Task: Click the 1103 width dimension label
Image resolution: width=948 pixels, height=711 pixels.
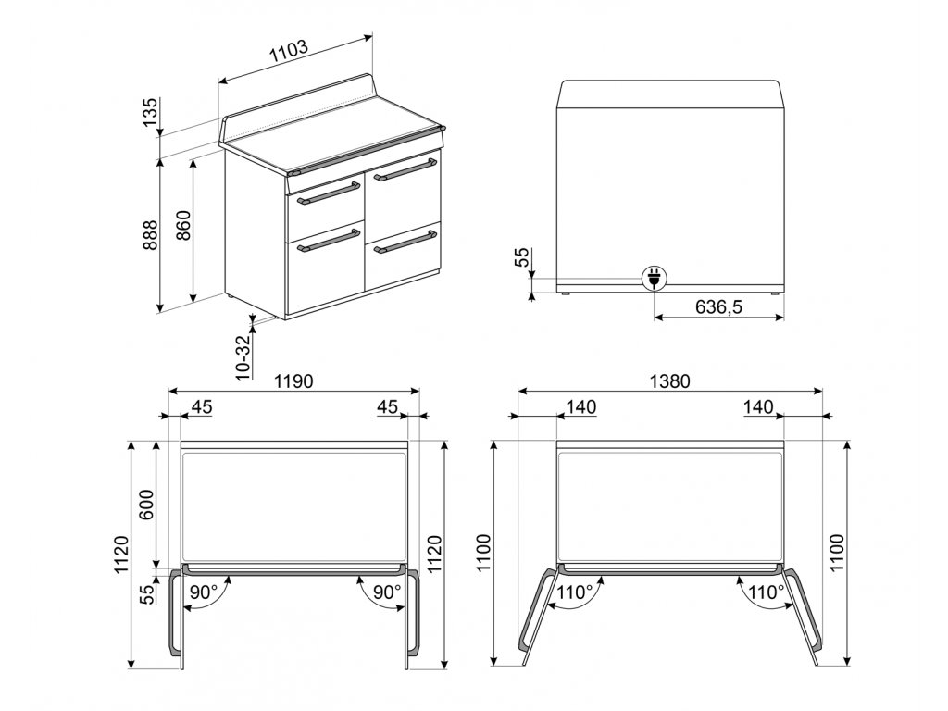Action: coord(290,52)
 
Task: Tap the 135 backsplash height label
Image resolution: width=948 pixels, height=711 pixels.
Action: coord(150,112)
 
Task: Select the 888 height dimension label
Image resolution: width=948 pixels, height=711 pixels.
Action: coord(150,234)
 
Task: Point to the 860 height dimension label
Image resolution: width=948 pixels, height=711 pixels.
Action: coord(183,225)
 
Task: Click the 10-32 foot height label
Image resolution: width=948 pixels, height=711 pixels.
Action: coord(243,357)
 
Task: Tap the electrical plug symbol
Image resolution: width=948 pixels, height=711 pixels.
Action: coord(655,278)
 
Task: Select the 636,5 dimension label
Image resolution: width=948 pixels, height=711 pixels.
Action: coord(718,307)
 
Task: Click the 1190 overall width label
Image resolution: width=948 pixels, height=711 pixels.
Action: coord(293,381)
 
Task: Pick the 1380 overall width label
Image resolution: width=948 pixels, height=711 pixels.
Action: coord(670,381)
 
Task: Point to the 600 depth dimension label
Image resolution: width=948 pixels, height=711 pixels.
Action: coord(147,505)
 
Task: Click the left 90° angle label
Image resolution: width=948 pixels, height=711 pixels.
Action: coord(203,592)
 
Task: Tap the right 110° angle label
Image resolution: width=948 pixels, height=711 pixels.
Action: coord(767,592)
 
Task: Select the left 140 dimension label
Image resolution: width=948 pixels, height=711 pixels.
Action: coord(581,407)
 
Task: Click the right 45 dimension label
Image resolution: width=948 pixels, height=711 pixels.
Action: coord(388,407)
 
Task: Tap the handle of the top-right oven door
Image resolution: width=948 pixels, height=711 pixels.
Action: coord(405,169)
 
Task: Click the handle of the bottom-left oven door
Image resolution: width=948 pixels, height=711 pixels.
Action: coord(329,240)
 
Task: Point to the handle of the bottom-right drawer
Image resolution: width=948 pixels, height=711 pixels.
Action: coord(405,241)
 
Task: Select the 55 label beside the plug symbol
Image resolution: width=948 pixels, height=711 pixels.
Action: coord(522,257)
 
